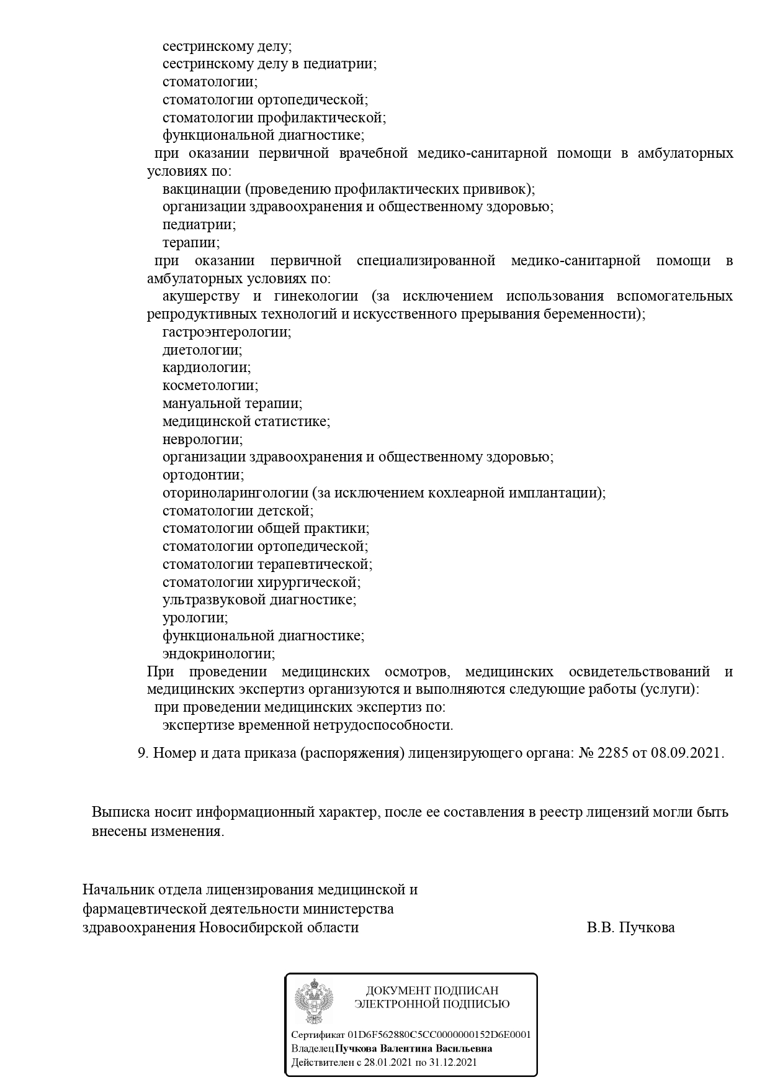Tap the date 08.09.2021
click(x=686, y=753)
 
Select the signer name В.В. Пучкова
click(x=630, y=928)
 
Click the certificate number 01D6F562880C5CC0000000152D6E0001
click(x=439, y=1035)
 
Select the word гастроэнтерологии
click(x=226, y=332)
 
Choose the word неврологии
click(x=202, y=440)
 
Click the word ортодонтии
click(x=203, y=476)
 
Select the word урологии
click(x=195, y=619)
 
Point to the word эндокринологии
click(x=218, y=654)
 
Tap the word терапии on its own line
click(x=191, y=243)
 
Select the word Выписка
click(x=120, y=812)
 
